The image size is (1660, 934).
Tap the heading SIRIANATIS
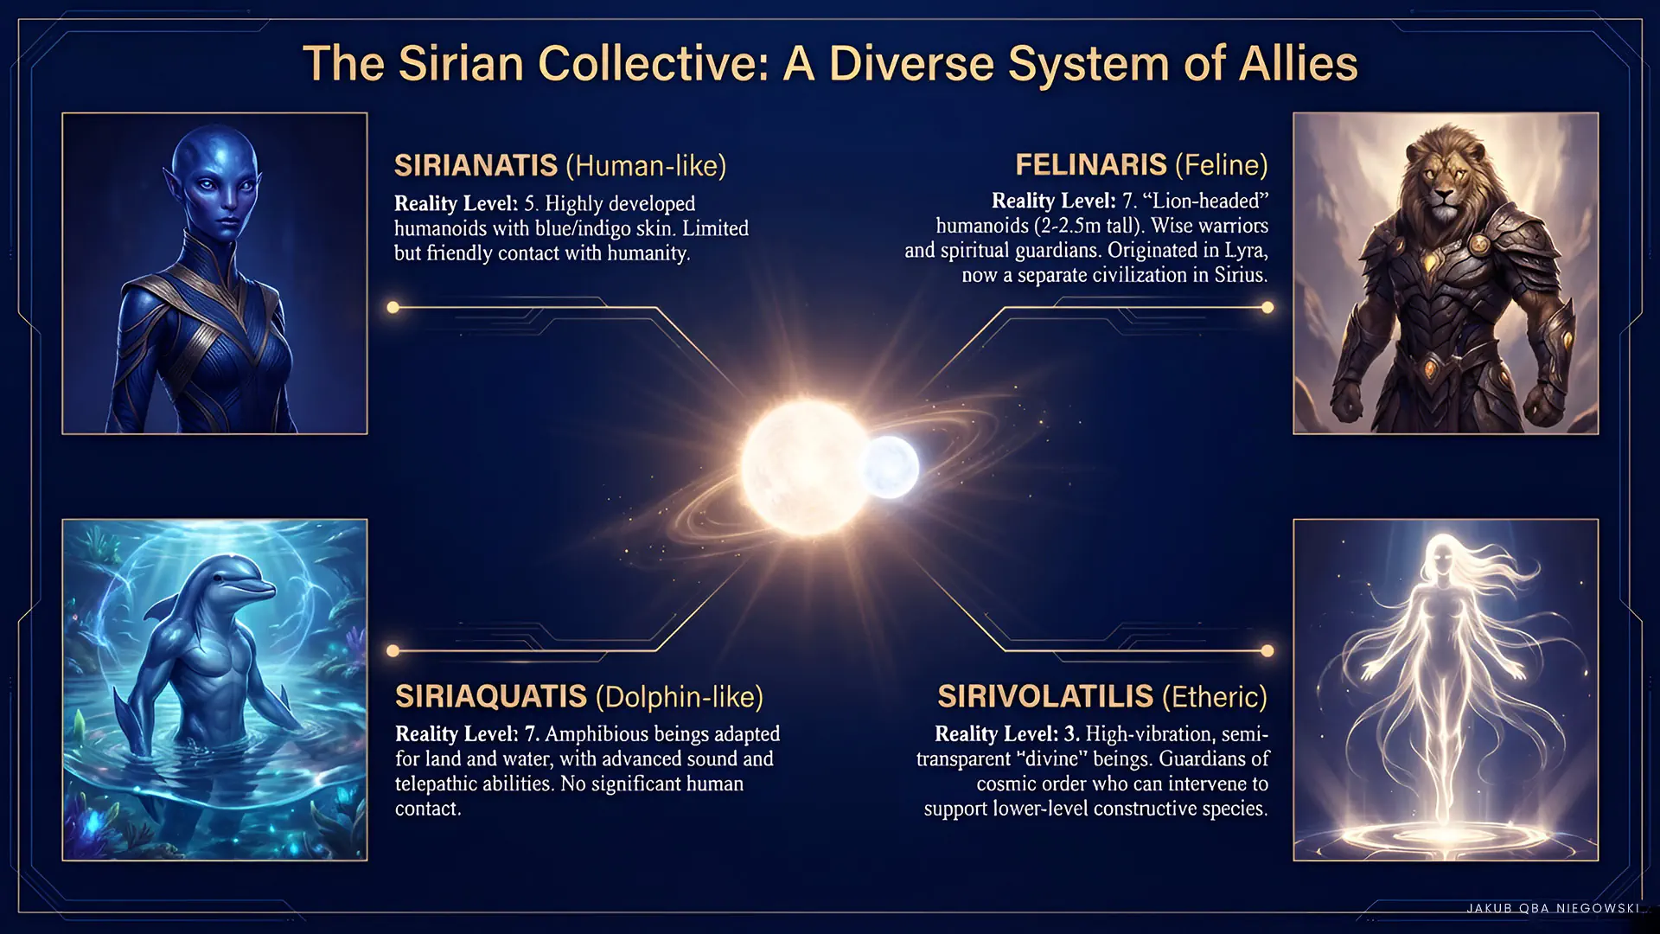476,165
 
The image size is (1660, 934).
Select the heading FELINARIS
1091,164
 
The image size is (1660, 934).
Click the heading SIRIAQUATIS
491,696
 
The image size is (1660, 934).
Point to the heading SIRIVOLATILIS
1045,696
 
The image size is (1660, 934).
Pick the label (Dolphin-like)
680,696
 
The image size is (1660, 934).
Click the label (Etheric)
1215,696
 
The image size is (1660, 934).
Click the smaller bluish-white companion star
891,467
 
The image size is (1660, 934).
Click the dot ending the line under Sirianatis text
393,307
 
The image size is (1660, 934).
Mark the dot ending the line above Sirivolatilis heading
1267,650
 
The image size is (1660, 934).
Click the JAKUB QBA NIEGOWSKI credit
1554,908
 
